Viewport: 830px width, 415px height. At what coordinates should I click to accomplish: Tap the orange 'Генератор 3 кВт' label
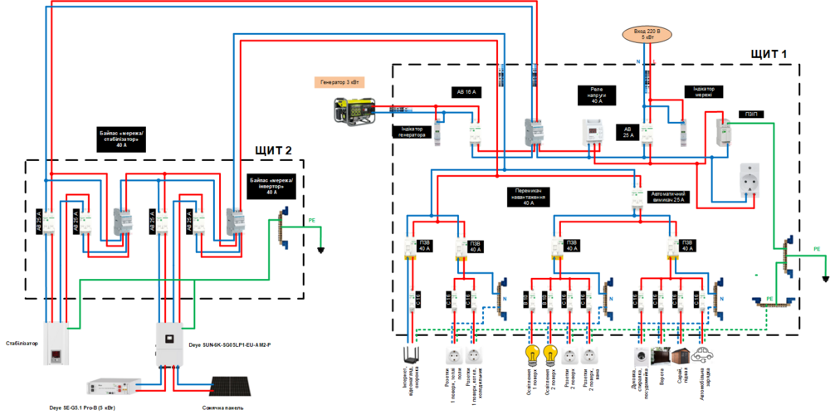point(339,82)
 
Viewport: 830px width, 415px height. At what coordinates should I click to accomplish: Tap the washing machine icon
point(641,355)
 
